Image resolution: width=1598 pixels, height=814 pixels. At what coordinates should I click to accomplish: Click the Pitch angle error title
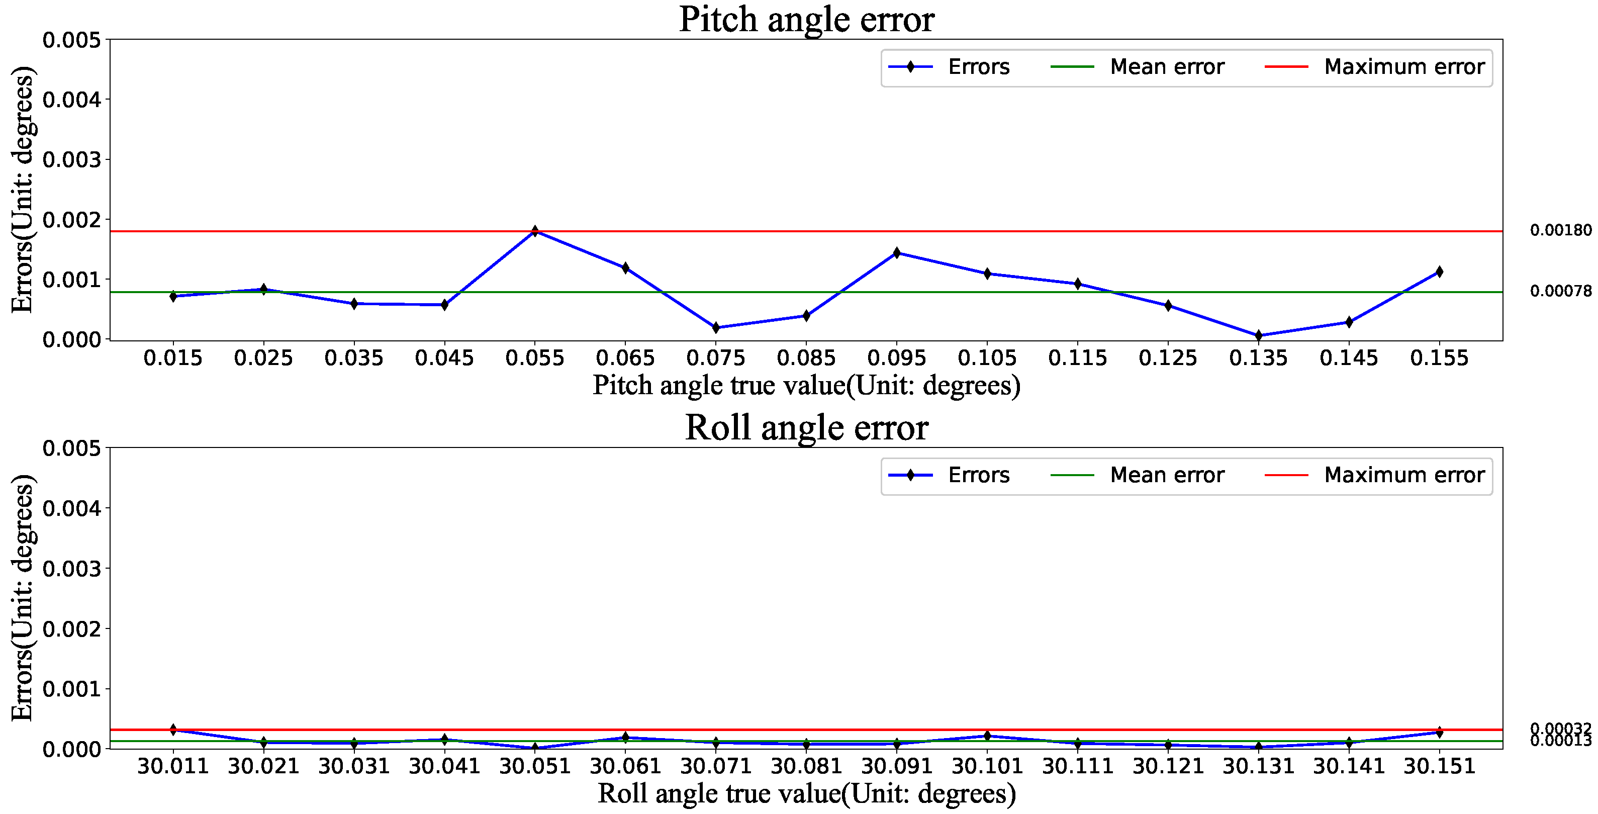pyautogui.click(x=806, y=20)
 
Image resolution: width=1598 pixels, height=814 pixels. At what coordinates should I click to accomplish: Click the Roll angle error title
pyautogui.click(x=806, y=428)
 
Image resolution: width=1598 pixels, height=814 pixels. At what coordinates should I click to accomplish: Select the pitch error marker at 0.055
pyautogui.click(x=535, y=231)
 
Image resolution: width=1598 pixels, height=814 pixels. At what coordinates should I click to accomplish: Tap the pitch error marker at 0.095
pyautogui.click(x=896, y=252)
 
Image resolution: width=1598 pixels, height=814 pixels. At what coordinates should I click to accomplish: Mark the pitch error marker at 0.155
pyautogui.click(x=1439, y=272)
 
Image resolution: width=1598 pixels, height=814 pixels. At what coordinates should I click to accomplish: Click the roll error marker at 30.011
pyautogui.click(x=173, y=730)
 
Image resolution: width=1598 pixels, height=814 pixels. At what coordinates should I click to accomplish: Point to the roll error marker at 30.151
pyautogui.click(x=1439, y=732)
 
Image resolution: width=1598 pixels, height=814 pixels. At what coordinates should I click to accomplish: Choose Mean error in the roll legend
pyautogui.click(x=1166, y=475)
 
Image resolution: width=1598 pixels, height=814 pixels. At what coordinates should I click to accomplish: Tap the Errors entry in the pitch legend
pyautogui.click(x=978, y=67)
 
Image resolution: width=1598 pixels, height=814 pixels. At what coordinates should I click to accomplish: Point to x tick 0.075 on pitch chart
pyautogui.click(x=715, y=358)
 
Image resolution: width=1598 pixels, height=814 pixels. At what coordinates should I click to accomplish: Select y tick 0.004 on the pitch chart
pyautogui.click(x=71, y=100)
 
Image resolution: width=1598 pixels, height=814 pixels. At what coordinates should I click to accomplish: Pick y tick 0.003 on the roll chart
pyautogui.click(x=71, y=569)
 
